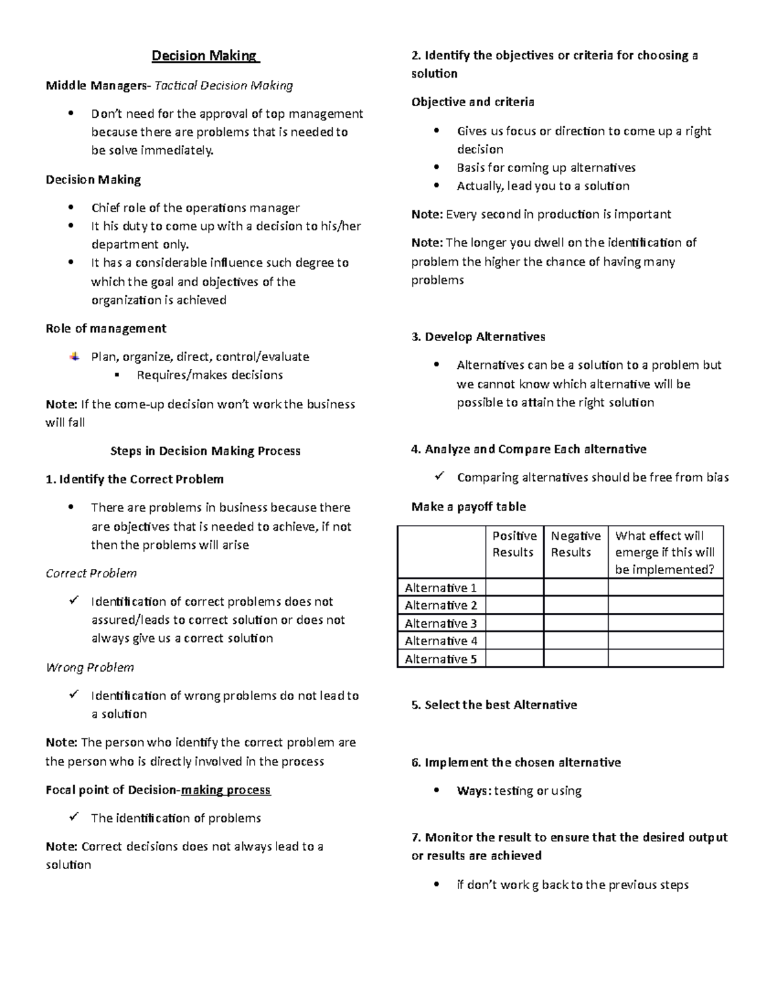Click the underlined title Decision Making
(205, 56)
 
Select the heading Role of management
(106, 328)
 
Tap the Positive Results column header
(514, 544)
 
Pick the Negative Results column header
(575, 544)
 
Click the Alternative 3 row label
(440, 623)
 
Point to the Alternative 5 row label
(440, 659)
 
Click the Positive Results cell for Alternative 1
(514, 588)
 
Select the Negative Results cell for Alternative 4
(575, 641)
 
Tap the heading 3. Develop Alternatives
(478, 337)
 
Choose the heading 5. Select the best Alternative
(494, 705)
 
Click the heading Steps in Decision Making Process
(205, 450)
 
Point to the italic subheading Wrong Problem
(89, 667)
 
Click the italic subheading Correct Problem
(91, 573)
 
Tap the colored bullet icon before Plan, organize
(75, 356)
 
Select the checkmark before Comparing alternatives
(439, 476)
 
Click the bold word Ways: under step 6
(474, 790)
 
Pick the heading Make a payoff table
(468, 506)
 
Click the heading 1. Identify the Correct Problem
(134, 479)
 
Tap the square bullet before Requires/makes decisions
(117, 375)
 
